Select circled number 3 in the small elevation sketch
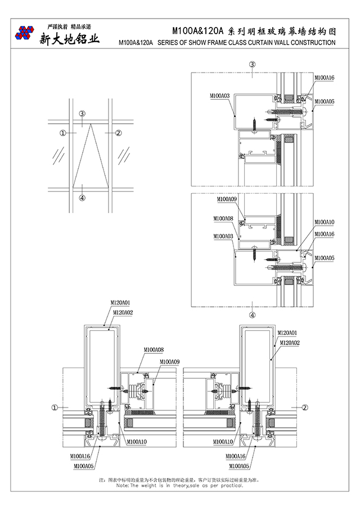point(82,114)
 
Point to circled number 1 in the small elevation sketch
point(63,133)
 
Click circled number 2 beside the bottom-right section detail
point(304,407)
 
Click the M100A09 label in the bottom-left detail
point(169,361)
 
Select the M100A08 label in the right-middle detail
point(223,218)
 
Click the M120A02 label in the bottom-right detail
point(289,342)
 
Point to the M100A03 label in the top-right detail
point(219,96)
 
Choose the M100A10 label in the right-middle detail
point(324,222)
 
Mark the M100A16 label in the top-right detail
point(324,77)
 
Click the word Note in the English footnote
point(122,485)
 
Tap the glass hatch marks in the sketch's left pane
point(58,153)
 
